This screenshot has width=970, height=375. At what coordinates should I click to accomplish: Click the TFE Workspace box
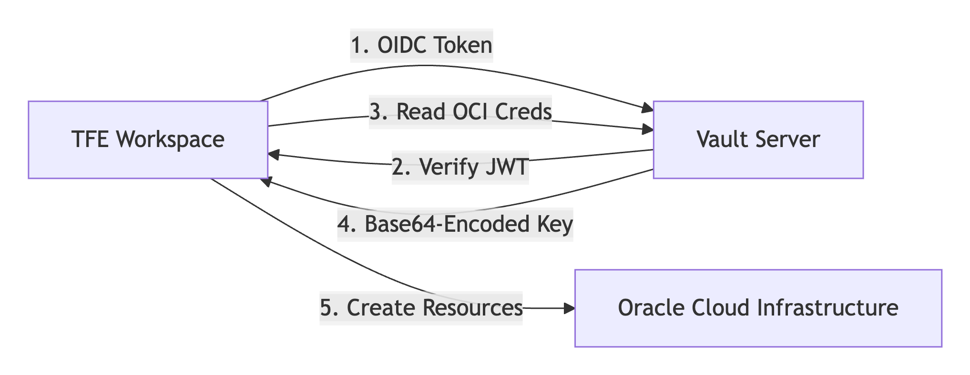click(148, 139)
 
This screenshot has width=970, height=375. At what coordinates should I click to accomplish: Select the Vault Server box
click(758, 139)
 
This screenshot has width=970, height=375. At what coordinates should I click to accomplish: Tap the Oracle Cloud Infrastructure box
click(758, 308)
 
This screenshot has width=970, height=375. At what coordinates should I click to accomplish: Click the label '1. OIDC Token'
click(421, 46)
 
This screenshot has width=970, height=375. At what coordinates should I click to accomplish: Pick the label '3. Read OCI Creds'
click(460, 112)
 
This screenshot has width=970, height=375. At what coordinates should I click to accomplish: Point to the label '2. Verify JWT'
click(460, 167)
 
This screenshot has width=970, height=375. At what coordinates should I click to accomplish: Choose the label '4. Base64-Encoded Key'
click(455, 224)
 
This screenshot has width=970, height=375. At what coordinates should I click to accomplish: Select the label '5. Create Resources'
click(421, 308)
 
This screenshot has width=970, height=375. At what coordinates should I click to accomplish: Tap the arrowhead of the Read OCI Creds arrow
click(648, 129)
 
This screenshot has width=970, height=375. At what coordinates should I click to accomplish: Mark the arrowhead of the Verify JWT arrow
click(274, 154)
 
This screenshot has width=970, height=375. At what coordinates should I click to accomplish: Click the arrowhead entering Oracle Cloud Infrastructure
click(570, 308)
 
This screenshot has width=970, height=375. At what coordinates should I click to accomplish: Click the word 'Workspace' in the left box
click(170, 139)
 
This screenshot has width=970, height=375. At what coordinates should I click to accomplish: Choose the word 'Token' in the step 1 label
click(462, 46)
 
